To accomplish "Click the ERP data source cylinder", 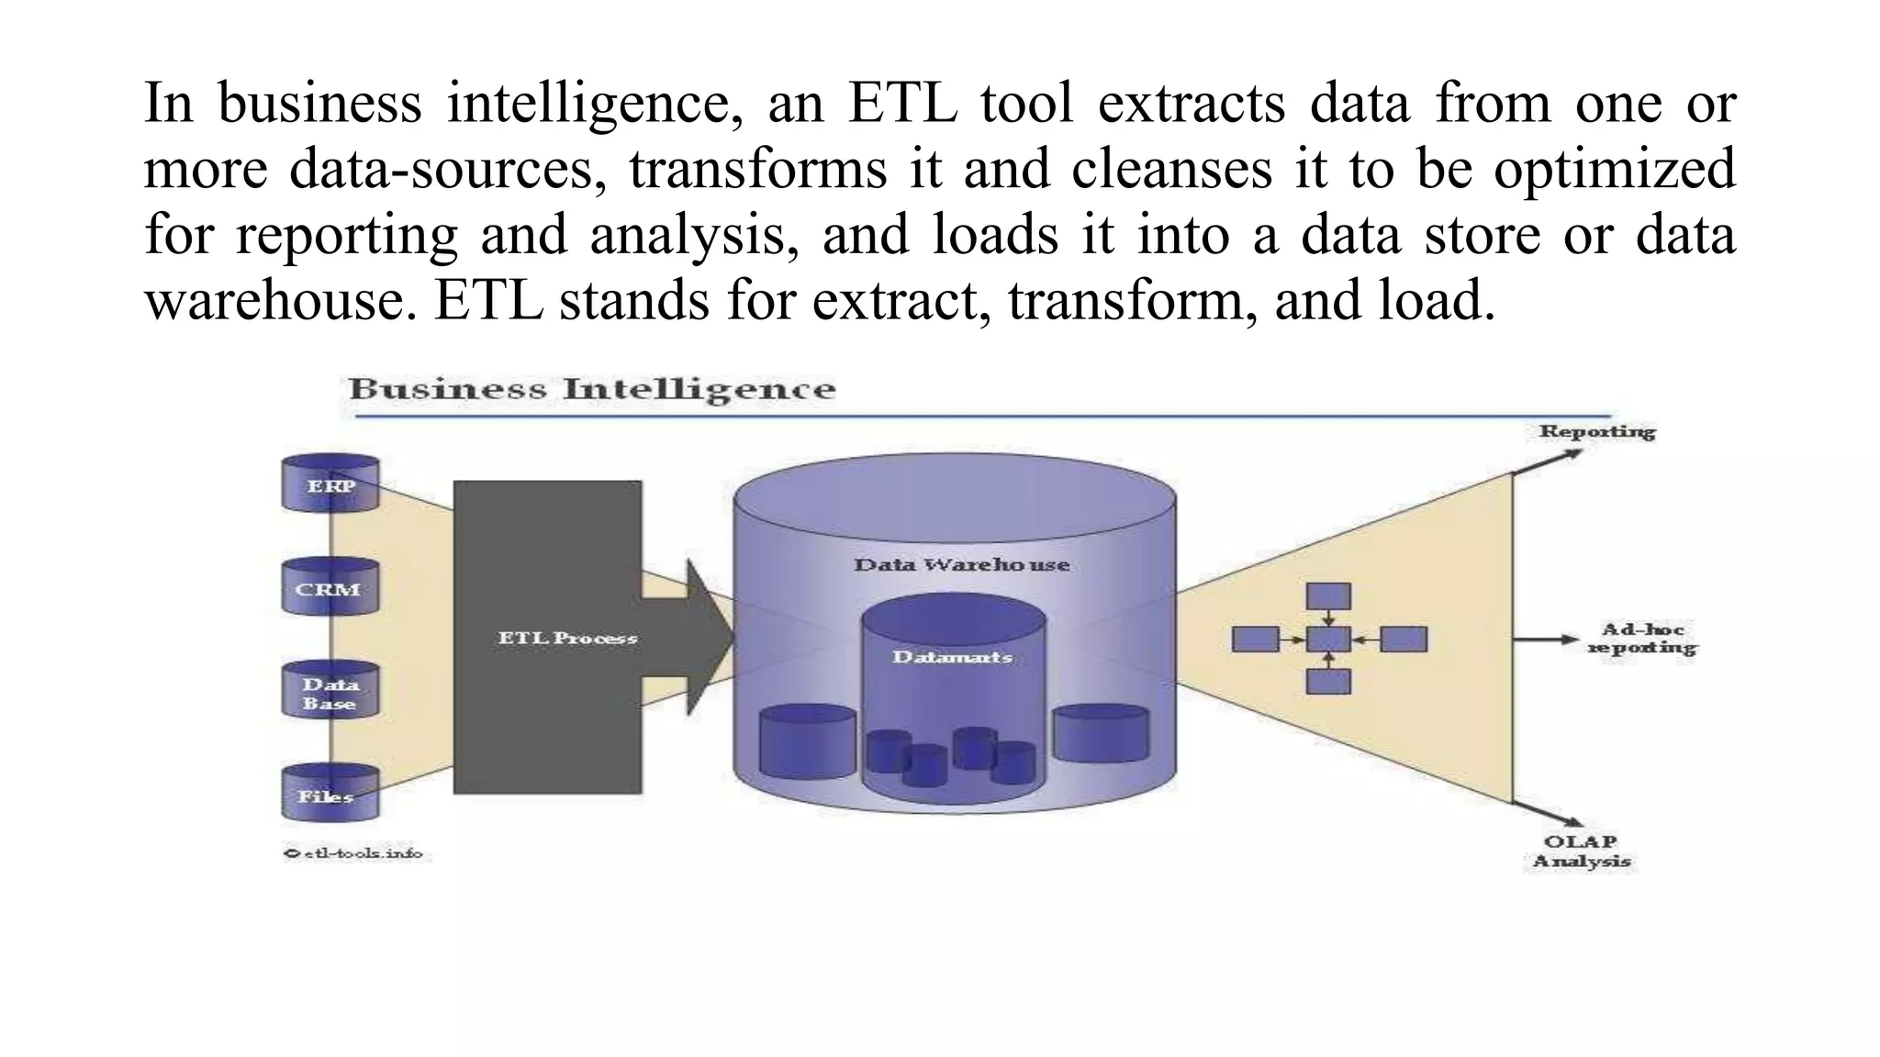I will click(x=330, y=484).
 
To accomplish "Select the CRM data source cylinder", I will click(x=330, y=587).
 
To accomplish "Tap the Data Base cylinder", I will click(x=330, y=692).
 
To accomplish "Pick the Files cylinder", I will click(x=330, y=794).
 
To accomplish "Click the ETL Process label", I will click(x=567, y=638).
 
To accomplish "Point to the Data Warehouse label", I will click(x=961, y=564).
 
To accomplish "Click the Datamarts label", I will click(x=952, y=657).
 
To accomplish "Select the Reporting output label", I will click(x=1596, y=431).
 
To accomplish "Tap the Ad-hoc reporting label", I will click(x=1641, y=639).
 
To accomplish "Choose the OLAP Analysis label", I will click(x=1581, y=851).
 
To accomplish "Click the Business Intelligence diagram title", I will click(x=592, y=389).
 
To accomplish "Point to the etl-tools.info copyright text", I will click(x=353, y=853).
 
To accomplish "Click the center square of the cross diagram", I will click(x=1328, y=640).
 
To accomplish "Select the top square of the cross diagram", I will click(x=1328, y=596).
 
